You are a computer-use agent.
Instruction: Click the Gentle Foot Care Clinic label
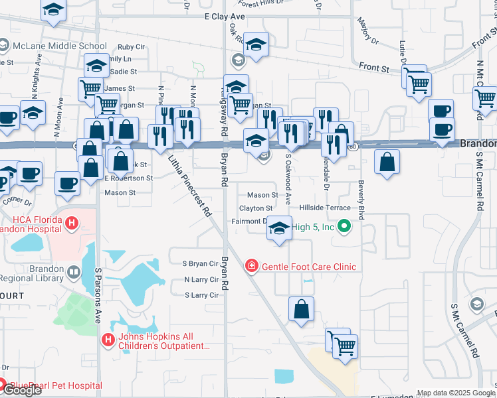click(309, 267)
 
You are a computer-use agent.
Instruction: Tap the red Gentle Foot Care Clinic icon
click(252, 267)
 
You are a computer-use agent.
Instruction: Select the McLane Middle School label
click(59, 46)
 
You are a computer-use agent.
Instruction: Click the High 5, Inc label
click(313, 227)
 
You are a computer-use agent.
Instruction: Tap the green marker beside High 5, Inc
click(344, 228)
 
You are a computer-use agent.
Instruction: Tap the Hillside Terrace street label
click(324, 208)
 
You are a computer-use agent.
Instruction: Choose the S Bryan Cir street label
click(201, 264)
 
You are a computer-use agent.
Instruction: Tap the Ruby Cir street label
click(131, 47)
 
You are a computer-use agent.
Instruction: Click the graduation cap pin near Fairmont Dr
click(280, 229)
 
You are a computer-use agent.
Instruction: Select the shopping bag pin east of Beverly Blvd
click(387, 162)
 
